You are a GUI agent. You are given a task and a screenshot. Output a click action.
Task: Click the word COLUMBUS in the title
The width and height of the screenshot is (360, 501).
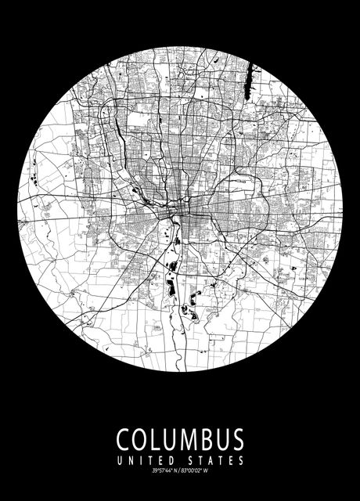tap(180, 438)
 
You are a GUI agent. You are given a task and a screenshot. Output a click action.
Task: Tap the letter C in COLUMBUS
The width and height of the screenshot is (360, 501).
tap(124, 438)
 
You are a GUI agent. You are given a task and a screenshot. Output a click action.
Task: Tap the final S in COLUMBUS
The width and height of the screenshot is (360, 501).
tap(236, 438)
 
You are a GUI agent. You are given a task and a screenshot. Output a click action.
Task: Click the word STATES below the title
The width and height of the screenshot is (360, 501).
tap(216, 460)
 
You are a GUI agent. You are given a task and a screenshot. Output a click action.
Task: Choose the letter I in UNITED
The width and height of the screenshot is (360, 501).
tap(142, 460)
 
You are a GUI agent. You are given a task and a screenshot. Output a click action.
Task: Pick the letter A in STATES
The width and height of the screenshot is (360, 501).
tap(211, 460)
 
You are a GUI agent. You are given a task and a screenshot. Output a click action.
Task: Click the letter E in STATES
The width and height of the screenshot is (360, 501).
tap(231, 460)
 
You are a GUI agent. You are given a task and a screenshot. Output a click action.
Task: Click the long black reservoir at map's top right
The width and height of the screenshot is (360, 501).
tap(251, 82)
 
